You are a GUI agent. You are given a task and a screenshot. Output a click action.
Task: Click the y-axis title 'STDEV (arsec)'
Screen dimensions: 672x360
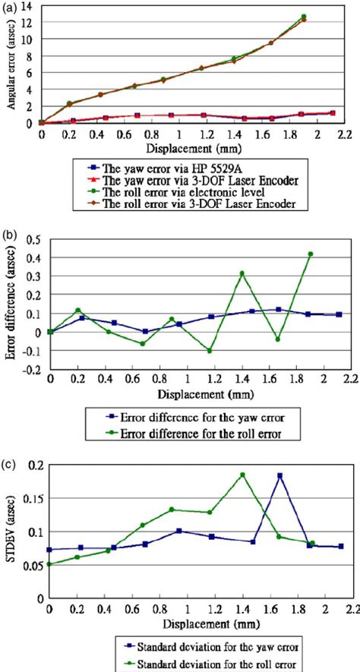[x=9, y=528]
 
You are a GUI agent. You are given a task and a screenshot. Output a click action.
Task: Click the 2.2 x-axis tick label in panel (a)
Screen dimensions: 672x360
[x=348, y=134]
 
